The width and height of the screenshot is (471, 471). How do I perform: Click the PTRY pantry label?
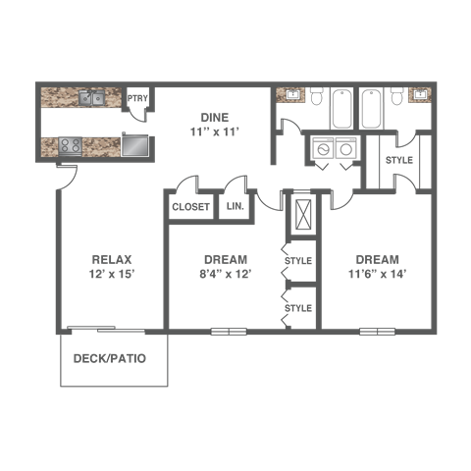pyautogui.click(x=137, y=98)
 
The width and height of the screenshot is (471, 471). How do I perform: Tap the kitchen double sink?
pyautogui.click(x=91, y=98)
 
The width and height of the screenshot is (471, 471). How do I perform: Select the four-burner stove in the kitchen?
pyautogui.click(x=71, y=145)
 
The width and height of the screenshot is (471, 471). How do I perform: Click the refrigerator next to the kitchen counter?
pyautogui.click(x=134, y=146)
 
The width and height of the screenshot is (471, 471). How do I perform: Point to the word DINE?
pyautogui.click(x=215, y=118)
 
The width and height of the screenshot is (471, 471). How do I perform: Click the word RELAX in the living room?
pyautogui.click(x=112, y=260)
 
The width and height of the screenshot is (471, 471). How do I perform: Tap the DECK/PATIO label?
pyautogui.click(x=110, y=358)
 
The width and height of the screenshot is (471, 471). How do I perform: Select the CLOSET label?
pyautogui.click(x=190, y=207)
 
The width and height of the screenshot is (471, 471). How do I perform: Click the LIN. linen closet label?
pyautogui.click(x=235, y=206)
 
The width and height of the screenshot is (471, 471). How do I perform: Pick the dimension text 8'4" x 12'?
pyautogui.click(x=226, y=274)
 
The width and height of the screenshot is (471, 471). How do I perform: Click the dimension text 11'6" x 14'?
pyautogui.click(x=377, y=274)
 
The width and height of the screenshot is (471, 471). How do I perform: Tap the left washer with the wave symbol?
pyautogui.click(x=323, y=148)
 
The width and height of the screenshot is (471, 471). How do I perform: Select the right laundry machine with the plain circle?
pyautogui.click(x=345, y=148)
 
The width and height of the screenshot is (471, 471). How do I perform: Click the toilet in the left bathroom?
pyautogui.click(x=316, y=95)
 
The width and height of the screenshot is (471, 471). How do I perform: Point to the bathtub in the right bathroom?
pyautogui.click(x=371, y=108)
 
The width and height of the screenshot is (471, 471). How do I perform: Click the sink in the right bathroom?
pyautogui.click(x=420, y=95)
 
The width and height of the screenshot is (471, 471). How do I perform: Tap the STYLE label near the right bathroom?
pyautogui.click(x=399, y=160)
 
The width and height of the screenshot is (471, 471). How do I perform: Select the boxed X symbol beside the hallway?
pyautogui.click(x=303, y=214)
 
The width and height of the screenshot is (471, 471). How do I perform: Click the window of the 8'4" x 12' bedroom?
pyautogui.click(x=229, y=332)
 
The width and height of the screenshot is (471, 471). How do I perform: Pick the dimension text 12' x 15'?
pyautogui.click(x=112, y=274)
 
